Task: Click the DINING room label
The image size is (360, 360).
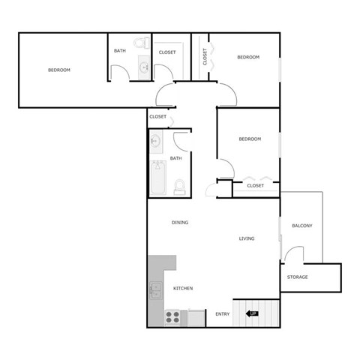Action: [180, 222]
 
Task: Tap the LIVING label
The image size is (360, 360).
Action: [247, 238]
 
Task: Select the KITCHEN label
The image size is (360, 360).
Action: [184, 288]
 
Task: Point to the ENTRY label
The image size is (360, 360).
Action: [223, 313]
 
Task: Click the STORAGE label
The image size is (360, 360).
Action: [298, 277]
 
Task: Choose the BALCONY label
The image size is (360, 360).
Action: [301, 226]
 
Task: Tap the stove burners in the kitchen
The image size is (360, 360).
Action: [172, 316]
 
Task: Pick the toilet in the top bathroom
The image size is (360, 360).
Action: [142, 44]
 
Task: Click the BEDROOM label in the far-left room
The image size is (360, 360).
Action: [59, 70]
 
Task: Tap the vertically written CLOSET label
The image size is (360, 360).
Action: [205, 56]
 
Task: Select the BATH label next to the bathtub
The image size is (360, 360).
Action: [175, 158]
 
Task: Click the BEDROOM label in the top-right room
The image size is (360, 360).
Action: [248, 57]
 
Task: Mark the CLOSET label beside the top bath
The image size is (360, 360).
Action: [167, 52]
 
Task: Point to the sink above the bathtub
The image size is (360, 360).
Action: [157, 140]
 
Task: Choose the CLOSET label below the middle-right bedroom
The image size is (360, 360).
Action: [255, 185]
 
